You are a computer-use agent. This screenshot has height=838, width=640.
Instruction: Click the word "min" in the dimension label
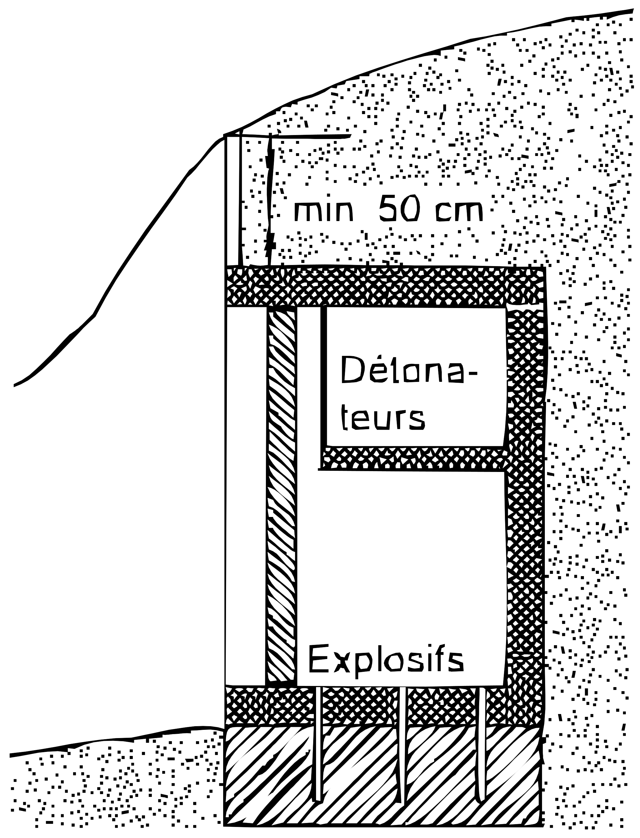point(324,212)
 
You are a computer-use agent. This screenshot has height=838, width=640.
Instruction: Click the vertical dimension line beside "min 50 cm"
point(270,200)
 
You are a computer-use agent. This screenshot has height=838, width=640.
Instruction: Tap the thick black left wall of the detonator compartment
point(323,376)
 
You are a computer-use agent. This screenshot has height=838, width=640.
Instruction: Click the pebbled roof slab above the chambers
point(385,286)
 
